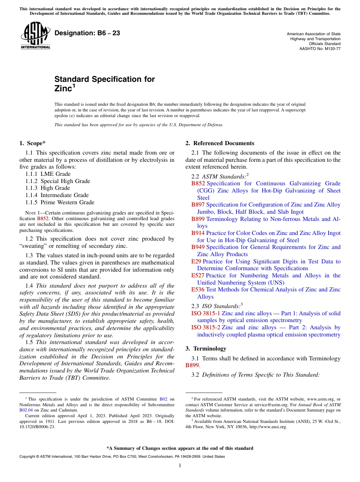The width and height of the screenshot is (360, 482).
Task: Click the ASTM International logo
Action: (x=35, y=35)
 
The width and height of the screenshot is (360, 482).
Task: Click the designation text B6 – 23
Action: (x=87, y=33)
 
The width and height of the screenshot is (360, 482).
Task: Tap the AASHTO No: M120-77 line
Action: (x=320, y=49)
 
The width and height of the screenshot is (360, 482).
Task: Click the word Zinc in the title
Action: (x=63, y=89)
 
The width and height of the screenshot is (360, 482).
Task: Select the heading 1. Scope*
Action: (x=32, y=143)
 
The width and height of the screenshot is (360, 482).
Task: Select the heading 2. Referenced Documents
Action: (x=220, y=143)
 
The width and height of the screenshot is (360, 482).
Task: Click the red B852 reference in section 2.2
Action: (x=198, y=183)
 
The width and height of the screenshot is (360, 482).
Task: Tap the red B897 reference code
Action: (x=198, y=205)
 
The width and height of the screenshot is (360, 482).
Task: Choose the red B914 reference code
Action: (x=198, y=233)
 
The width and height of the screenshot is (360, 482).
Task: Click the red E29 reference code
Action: (x=196, y=261)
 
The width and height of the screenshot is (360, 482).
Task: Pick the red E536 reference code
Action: (x=198, y=290)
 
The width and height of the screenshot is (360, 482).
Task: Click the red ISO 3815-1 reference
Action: (x=205, y=313)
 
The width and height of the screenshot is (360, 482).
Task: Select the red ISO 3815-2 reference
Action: (x=205, y=327)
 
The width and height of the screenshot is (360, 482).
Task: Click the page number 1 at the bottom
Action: (x=180, y=466)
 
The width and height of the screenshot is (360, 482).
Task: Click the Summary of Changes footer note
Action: (x=180, y=448)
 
